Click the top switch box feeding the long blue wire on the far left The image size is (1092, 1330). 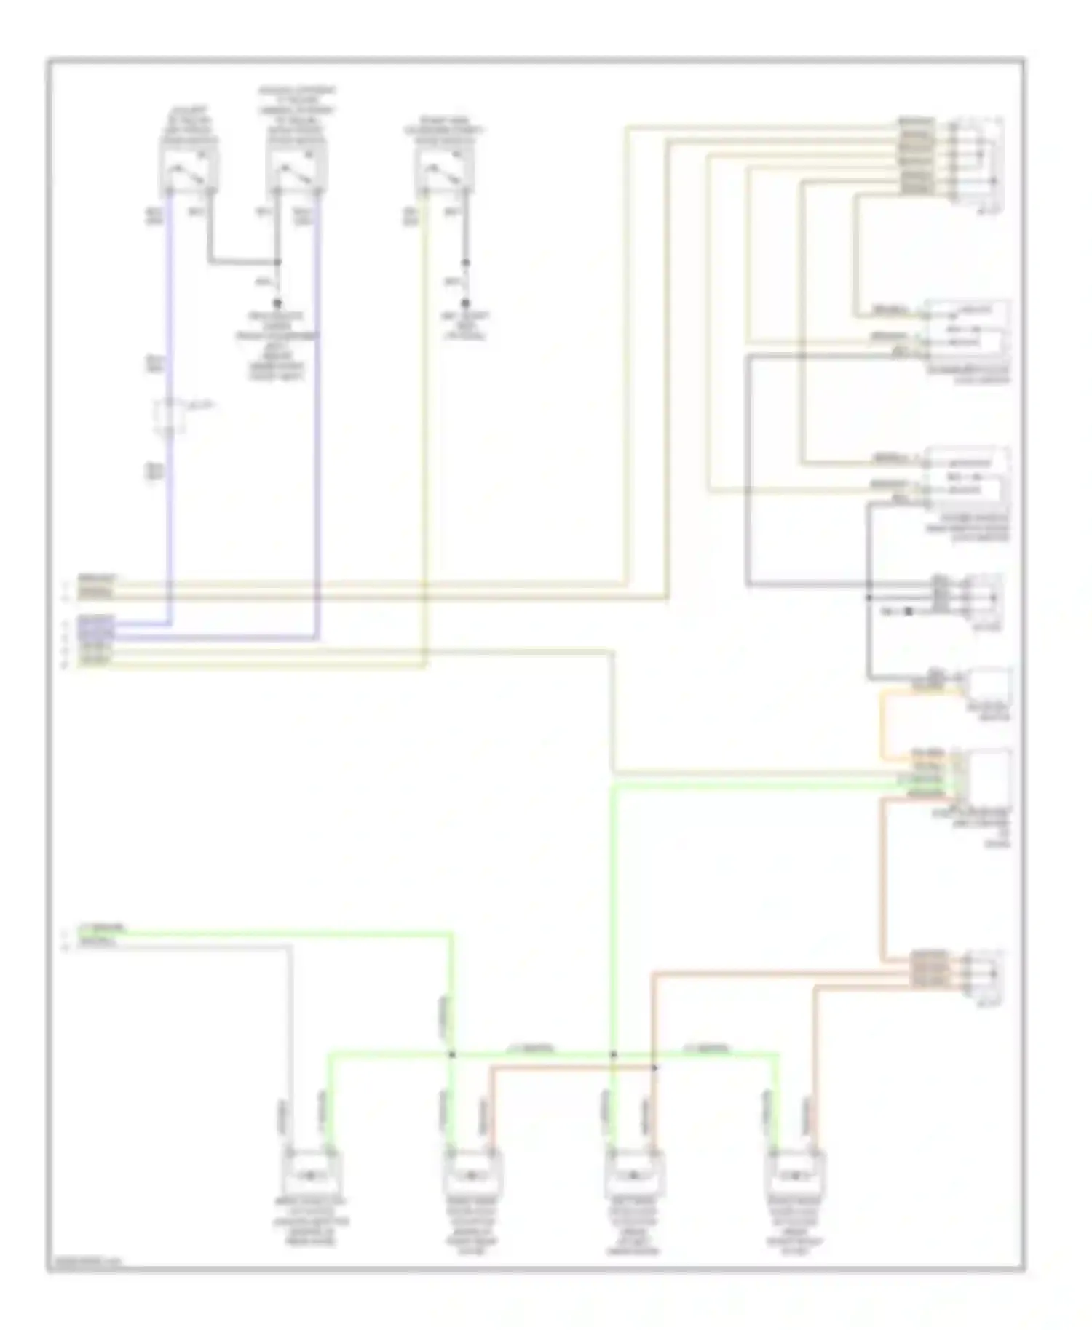[x=189, y=167]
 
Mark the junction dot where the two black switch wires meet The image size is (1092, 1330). [x=277, y=262]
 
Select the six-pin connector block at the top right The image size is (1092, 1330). [x=979, y=156]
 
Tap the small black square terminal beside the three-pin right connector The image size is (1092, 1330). [x=908, y=611]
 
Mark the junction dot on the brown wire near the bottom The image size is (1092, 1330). [x=654, y=1067]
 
